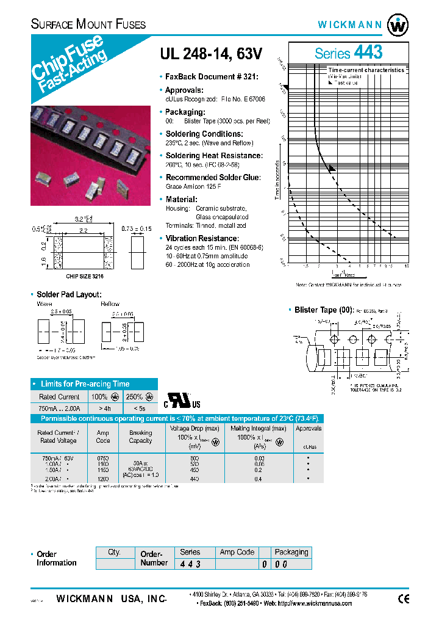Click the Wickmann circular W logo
[x=399, y=24]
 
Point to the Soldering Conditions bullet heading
[x=204, y=134]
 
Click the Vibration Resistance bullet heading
[x=202, y=238]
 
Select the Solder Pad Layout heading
[x=69, y=294]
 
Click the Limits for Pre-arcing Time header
[x=85, y=384]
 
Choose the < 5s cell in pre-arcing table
[x=140, y=407]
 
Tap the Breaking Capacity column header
[x=140, y=436]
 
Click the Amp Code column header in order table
[x=237, y=552]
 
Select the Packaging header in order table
[x=291, y=552]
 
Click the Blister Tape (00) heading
[x=323, y=310]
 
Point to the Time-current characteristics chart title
[x=366, y=70]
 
